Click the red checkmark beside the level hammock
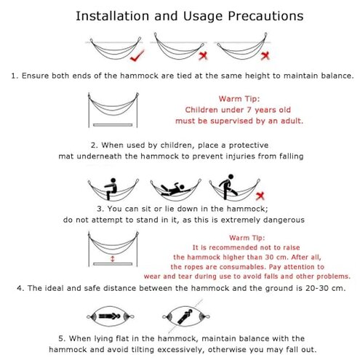pyautogui.click(x=137, y=55)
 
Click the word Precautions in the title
pyautogui.click(x=265, y=16)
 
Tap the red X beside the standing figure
pyautogui.click(x=260, y=196)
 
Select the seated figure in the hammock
pyautogui.click(x=111, y=189)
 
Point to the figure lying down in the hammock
pyautogui.click(x=172, y=189)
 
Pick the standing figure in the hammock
pyautogui.click(x=228, y=187)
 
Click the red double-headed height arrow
pyautogui.click(x=112, y=259)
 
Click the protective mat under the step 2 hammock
pyautogui.click(x=113, y=125)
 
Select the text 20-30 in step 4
pyautogui.click(x=319, y=288)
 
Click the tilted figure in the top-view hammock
pyautogui.click(x=185, y=316)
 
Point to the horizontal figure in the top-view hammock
pyautogui.click(x=109, y=316)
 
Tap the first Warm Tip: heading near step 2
pyautogui.click(x=239, y=99)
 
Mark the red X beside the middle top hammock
pyautogui.click(x=203, y=56)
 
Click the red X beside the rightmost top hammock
pyautogui.click(x=265, y=56)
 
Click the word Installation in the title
pyautogui.click(x=113, y=16)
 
